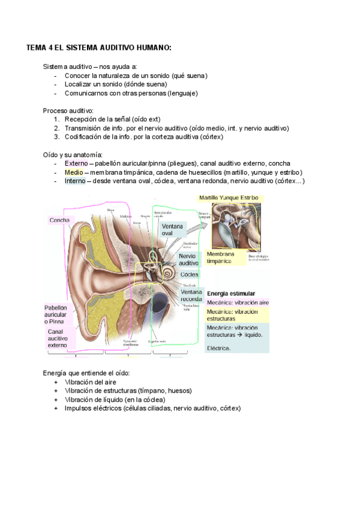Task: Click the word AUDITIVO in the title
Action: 118,47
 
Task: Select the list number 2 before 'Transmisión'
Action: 56,128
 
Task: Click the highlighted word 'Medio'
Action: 74,172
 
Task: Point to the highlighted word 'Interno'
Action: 76,181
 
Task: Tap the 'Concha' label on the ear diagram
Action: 59,220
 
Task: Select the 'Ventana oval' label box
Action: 173,229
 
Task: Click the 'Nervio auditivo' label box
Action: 188,259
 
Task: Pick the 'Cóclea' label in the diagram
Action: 189,274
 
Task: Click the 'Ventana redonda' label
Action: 191,295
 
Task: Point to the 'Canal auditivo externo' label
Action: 58,339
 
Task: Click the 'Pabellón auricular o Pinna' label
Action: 56,314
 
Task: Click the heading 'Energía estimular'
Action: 230,294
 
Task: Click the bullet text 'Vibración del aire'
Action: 91,382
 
